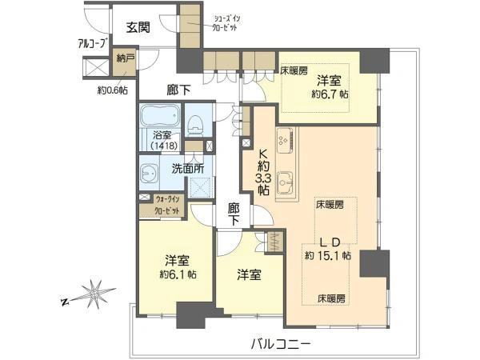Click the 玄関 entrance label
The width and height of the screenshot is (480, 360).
click(x=138, y=28)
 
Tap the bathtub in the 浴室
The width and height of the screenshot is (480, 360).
click(x=161, y=115)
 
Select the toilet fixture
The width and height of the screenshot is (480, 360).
click(x=195, y=126)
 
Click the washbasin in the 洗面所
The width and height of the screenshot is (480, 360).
click(x=150, y=174)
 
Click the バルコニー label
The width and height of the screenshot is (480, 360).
click(x=281, y=344)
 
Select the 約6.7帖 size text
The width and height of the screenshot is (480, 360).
click(x=330, y=94)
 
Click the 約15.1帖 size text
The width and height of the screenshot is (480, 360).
click(x=328, y=255)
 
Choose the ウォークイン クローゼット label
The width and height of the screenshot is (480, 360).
click(x=167, y=205)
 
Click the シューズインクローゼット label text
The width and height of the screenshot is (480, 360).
click(x=226, y=22)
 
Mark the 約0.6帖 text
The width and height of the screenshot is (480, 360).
click(x=113, y=90)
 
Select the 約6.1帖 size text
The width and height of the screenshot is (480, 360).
click(x=178, y=274)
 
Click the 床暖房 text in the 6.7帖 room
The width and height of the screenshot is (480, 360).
click(x=294, y=71)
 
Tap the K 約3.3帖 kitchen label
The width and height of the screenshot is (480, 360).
click(x=263, y=172)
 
